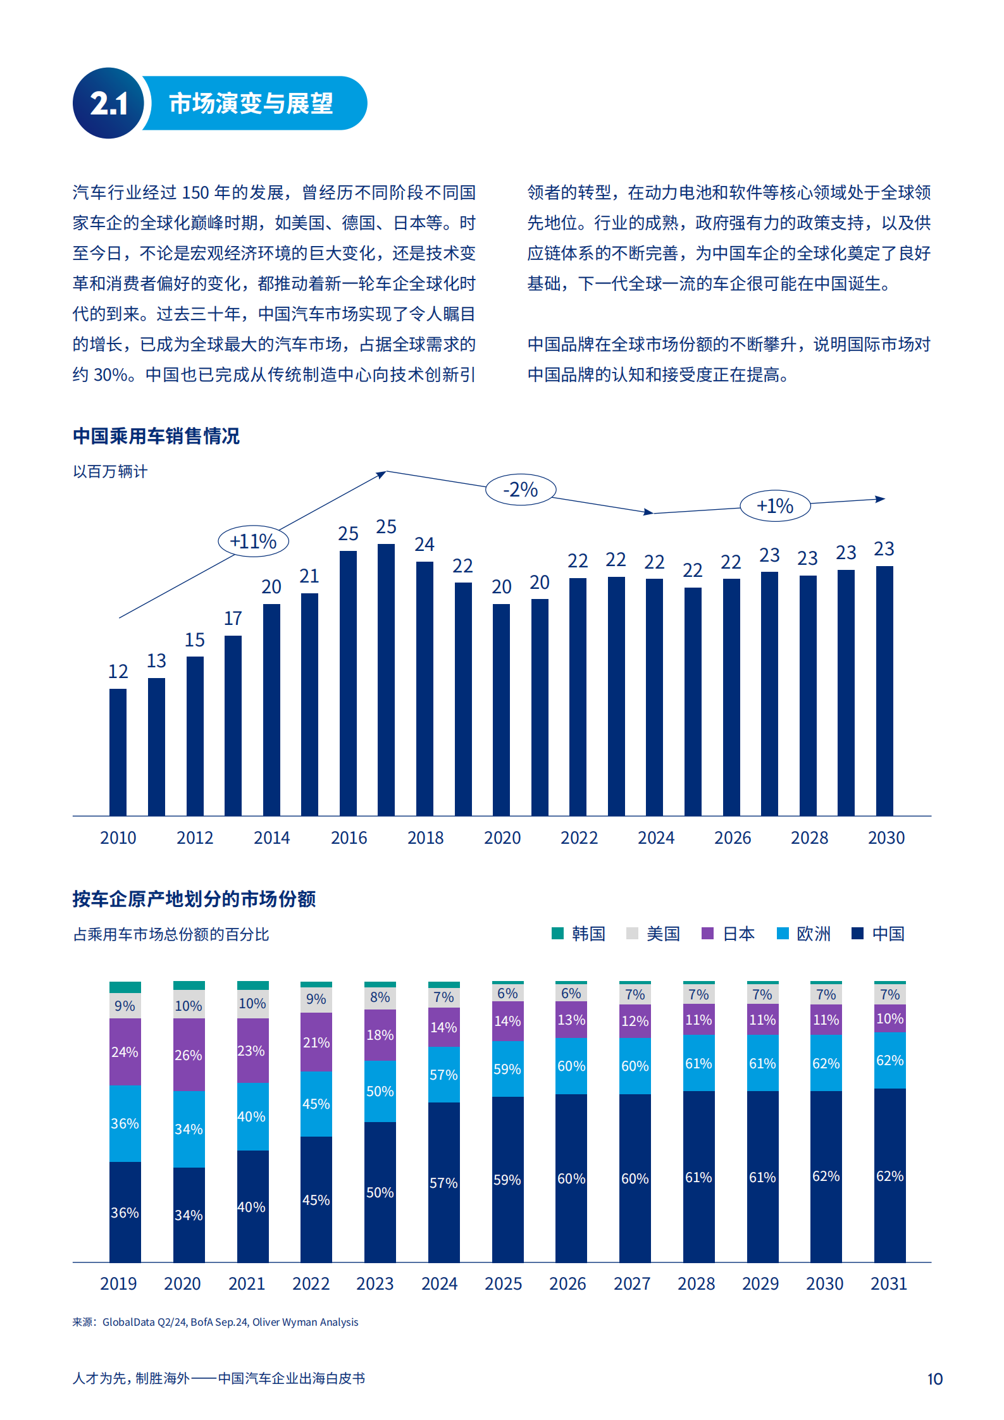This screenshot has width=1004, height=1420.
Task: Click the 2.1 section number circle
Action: click(109, 103)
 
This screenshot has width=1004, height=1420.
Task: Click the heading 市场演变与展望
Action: click(251, 103)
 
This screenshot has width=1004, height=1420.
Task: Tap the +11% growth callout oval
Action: click(253, 541)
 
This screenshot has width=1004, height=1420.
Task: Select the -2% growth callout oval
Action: click(520, 490)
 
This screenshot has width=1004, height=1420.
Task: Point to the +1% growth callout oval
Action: click(774, 506)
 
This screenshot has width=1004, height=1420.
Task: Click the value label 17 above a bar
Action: click(233, 618)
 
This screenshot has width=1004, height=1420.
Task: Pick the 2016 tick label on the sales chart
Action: click(349, 837)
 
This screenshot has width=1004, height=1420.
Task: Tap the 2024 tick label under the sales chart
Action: click(655, 837)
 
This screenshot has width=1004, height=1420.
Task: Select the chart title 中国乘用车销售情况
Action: click(156, 436)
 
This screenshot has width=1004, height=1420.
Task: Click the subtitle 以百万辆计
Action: click(110, 471)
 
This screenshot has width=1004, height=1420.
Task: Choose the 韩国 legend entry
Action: click(579, 934)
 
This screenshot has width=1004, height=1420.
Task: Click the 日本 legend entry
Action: click(729, 934)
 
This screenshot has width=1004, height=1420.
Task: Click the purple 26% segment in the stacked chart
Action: click(189, 1054)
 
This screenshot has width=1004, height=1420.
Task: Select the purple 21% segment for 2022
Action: click(316, 1042)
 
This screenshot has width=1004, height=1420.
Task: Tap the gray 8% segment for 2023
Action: click(380, 997)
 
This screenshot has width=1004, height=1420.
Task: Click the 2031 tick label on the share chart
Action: click(888, 1283)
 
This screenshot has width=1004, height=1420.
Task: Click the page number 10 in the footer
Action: click(934, 1379)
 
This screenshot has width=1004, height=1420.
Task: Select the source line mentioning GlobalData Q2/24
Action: click(215, 1322)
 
